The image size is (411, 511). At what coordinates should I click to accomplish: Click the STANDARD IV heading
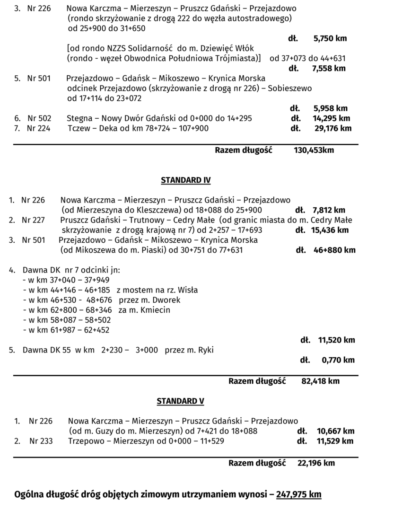coord(185,180)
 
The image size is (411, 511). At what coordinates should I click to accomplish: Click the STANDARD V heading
coord(180,401)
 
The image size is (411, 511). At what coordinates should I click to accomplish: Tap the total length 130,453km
coord(314,150)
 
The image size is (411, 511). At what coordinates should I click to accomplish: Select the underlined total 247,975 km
coord(298,494)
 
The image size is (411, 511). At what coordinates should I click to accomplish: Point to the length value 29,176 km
coord(333,128)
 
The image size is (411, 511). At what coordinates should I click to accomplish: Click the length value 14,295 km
coord(331,118)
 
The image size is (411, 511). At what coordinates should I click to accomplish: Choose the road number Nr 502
coord(39,118)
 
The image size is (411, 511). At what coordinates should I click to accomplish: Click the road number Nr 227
coord(33,220)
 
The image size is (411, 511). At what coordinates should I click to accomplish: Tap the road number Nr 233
coord(41,441)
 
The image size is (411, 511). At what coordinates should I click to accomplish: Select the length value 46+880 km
coord(334,250)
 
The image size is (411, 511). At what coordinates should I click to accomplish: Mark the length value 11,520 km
coord(336,340)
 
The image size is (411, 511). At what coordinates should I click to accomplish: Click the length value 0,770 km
coord(338,360)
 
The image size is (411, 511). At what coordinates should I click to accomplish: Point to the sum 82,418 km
coord(320,381)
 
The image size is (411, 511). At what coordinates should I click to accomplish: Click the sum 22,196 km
coord(316,463)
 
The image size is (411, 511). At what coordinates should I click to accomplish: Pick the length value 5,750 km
coord(330,38)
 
